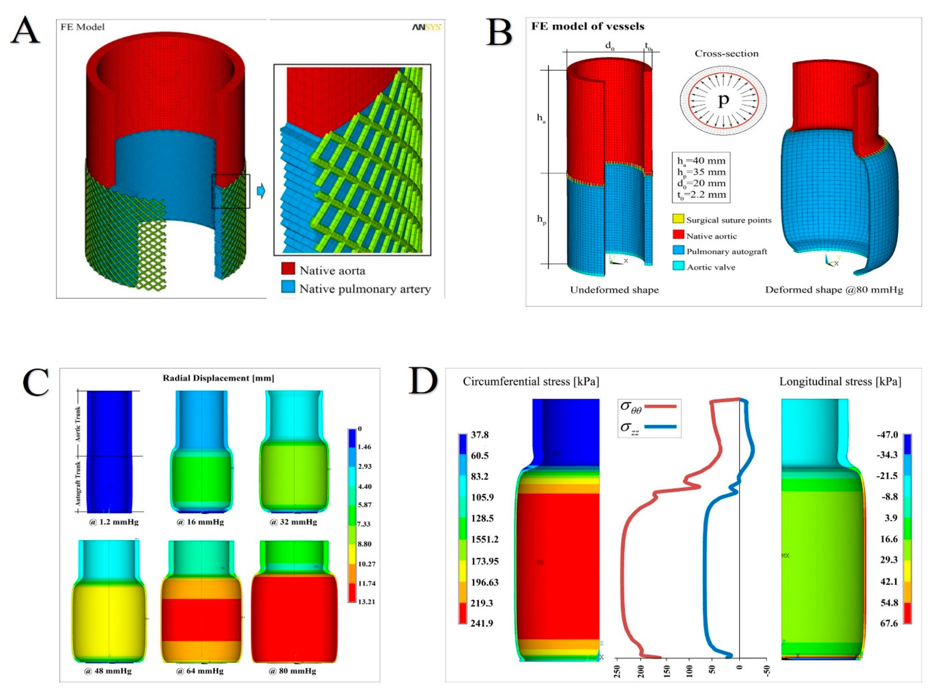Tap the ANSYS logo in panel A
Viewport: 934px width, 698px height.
[426, 27]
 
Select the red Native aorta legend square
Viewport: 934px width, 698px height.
[288, 269]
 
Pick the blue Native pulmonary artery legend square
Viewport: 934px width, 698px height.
[288, 287]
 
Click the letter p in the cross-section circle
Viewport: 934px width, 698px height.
[723, 100]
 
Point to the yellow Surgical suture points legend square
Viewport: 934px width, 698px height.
[678, 219]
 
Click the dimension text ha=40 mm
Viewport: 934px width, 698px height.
[701, 161]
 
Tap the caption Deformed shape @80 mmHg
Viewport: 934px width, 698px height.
[834, 290]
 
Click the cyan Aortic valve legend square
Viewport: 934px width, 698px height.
[678, 266]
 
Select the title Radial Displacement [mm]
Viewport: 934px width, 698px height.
[218, 378]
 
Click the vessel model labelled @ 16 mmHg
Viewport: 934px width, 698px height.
[201, 452]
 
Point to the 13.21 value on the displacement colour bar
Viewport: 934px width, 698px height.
[366, 602]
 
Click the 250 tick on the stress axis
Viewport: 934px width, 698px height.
[617, 671]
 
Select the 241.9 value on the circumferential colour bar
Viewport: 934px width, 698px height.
[481, 623]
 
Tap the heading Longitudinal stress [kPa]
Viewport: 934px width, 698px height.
[840, 382]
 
